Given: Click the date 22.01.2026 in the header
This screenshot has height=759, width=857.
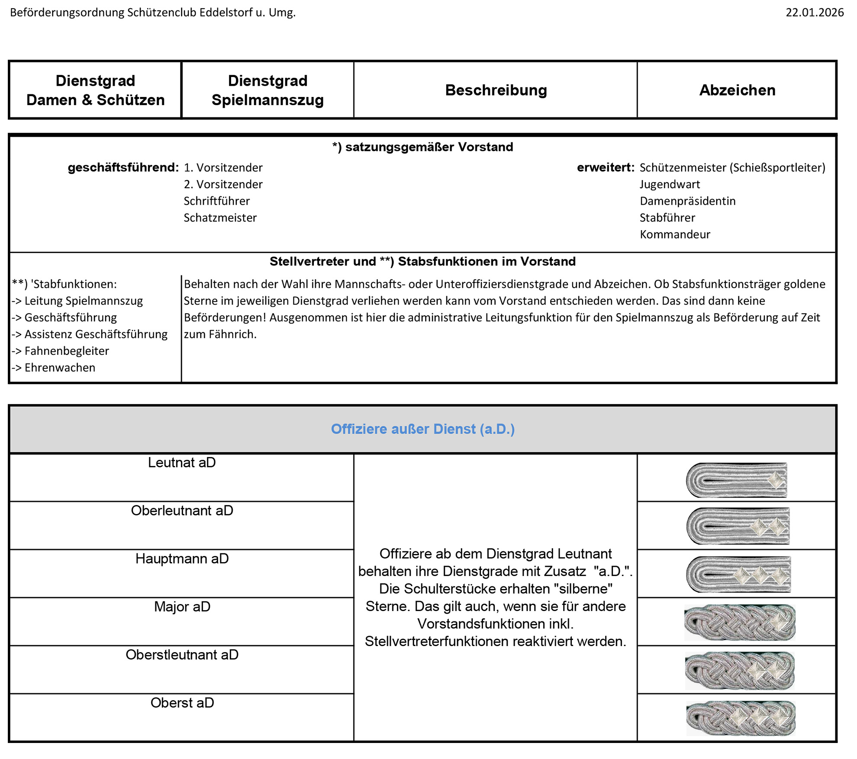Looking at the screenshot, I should [x=814, y=13].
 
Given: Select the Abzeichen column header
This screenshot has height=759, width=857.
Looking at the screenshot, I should [x=737, y=90].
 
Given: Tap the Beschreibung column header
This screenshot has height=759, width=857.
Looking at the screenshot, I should [x=496, y=90].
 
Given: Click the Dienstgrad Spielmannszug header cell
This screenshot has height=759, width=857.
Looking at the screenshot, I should [x=267, y=90].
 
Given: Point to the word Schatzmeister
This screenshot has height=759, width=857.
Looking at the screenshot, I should [x=220, y=218].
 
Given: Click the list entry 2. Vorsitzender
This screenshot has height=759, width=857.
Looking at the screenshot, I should [x=223, y=184].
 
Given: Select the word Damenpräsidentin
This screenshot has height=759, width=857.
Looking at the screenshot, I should [x=687, y=201].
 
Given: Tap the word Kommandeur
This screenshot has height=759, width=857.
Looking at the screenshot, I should [x=675, y=235].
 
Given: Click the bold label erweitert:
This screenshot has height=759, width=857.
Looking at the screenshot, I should [x=606, y=168].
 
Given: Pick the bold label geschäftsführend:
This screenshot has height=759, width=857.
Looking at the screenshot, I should [x=123, y=168].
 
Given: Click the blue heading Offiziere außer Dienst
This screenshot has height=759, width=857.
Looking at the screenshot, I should [x=422, y=429].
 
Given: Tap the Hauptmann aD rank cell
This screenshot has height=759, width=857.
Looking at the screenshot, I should [x=182, y=559].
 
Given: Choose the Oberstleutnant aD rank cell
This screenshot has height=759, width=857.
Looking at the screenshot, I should [x=182, y=655].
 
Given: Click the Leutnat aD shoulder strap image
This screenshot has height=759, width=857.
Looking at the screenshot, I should [x=737, y=480].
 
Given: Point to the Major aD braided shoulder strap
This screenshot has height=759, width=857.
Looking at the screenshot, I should [x=740, y=623].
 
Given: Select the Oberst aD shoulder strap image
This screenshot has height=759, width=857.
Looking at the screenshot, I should [x=741, y=718].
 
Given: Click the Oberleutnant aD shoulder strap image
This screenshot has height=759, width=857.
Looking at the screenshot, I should [x=738, y=526].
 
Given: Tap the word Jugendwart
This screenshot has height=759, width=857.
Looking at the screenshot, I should [x=670, y=184].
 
